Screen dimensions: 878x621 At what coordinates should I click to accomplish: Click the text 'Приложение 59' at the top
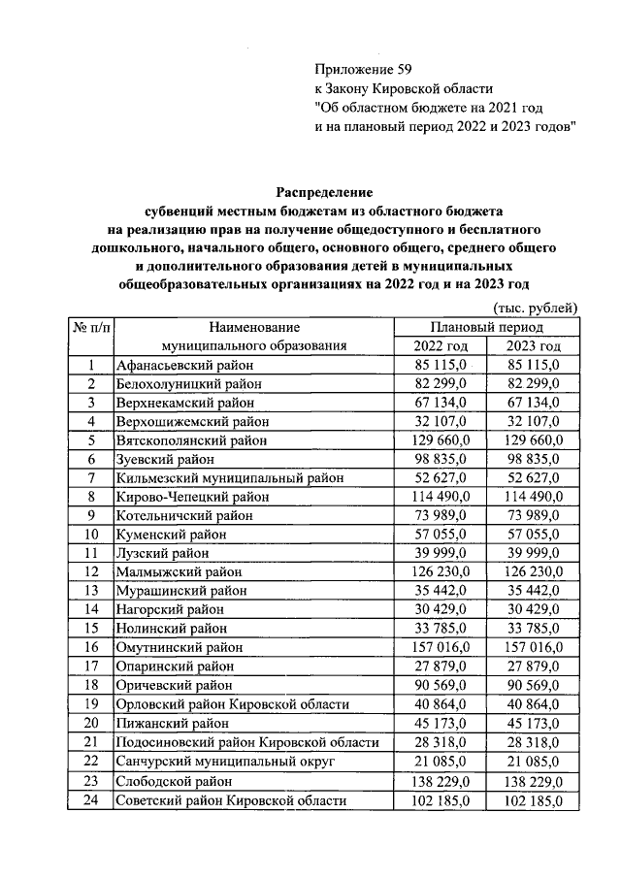[357, 69]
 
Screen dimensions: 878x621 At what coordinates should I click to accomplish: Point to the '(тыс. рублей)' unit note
[536, 308]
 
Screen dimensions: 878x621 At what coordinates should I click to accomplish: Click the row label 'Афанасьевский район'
[183, 366]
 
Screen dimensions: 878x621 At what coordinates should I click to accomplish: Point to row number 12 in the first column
[90, 572]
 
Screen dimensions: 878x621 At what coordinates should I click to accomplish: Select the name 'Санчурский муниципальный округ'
[224, 762]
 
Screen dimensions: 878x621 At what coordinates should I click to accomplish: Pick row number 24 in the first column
[90, 800]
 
